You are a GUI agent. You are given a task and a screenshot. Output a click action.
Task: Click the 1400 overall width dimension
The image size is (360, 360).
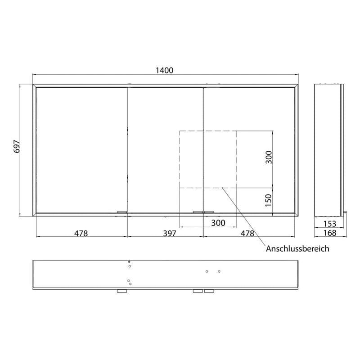[164, 70]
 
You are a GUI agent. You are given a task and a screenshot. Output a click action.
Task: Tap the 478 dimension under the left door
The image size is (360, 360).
[81, 233]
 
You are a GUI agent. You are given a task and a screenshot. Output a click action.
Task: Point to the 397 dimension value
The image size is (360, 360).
[166, 233]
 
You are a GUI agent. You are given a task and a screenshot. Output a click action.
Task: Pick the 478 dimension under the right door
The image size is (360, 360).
[247, 233]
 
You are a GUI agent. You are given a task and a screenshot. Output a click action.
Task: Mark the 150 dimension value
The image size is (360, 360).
[269, 200]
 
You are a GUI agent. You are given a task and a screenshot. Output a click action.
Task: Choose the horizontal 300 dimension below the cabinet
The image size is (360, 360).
[218, 223]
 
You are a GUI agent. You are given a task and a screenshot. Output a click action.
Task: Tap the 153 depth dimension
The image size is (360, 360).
[329, 224]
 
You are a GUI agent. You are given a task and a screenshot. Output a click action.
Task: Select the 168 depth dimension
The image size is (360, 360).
[329, 233]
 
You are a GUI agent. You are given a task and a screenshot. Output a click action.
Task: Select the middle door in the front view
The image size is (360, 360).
[166, 148]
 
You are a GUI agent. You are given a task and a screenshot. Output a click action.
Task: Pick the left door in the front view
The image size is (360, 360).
[81, 148]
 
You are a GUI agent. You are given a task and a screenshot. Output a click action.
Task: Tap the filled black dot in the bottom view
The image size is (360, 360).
[129, 262]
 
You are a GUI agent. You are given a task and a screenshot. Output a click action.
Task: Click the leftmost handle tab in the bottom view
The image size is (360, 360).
[122, 292]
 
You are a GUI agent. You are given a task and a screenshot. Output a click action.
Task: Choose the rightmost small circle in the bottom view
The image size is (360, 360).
[219, 271]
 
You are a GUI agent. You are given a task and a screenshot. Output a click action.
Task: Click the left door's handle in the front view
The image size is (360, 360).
[122, 211]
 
